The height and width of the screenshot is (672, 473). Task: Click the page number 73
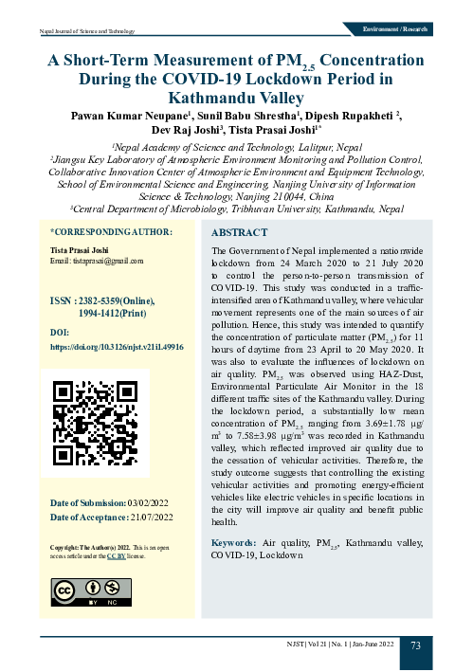[416, 645]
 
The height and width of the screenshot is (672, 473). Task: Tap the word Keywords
[233, 542]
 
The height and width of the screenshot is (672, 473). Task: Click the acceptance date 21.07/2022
[151, 517]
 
